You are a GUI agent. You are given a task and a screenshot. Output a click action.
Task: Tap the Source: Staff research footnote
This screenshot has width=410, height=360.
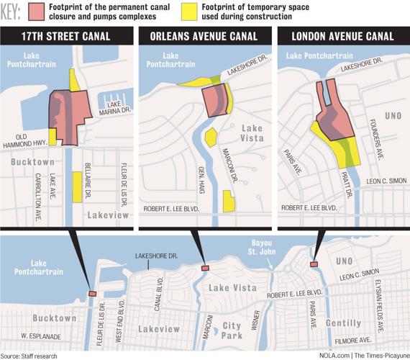30,354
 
